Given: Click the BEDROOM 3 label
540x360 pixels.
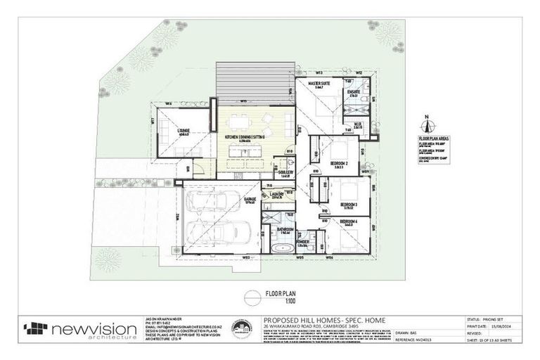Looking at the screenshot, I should click(x=347, y=205).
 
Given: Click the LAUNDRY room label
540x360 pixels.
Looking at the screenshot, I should click(x=275, y=194).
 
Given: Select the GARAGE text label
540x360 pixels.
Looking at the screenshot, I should click(x=249, y=200).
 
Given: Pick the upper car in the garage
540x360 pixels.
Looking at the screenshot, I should click(x=205, y=205).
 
